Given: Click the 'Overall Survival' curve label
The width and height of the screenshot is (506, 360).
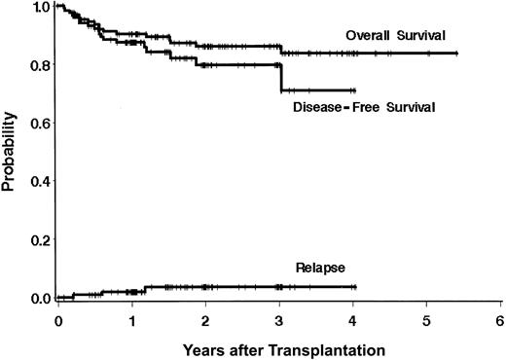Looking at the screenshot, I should pos(394,36).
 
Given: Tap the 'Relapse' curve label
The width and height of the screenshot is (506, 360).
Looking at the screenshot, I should pos(314,266).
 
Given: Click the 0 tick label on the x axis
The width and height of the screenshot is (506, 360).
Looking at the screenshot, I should pos(58,319).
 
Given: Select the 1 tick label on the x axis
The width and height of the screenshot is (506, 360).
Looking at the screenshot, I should pos(132,319).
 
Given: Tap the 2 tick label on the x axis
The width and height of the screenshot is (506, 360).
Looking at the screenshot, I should pos(206,319).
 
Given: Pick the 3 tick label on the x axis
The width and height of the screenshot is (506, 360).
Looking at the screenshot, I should pos(280,319).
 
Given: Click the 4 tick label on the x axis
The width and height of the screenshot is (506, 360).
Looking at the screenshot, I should pos(353,319).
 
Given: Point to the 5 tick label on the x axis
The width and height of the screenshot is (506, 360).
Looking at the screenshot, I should pos(427,319).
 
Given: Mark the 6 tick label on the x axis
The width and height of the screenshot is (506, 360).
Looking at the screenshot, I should pos(500,319).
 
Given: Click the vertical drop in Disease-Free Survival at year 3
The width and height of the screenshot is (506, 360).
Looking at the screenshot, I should pos(281,78).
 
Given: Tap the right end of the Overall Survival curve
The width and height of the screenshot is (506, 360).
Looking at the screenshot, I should pos(457,53).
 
